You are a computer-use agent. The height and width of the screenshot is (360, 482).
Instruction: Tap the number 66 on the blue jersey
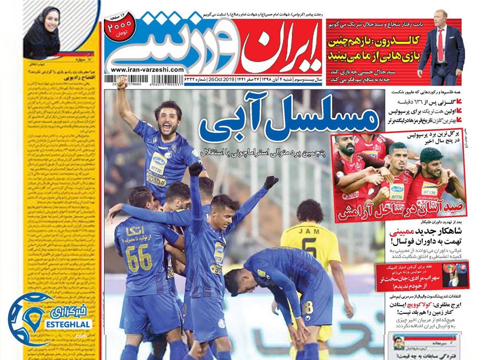(x=139, y=258)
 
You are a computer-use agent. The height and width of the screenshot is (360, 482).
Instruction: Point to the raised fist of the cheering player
(x=123, y=84)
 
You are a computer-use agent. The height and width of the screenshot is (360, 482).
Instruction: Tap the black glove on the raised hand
(x=271, y=182)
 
